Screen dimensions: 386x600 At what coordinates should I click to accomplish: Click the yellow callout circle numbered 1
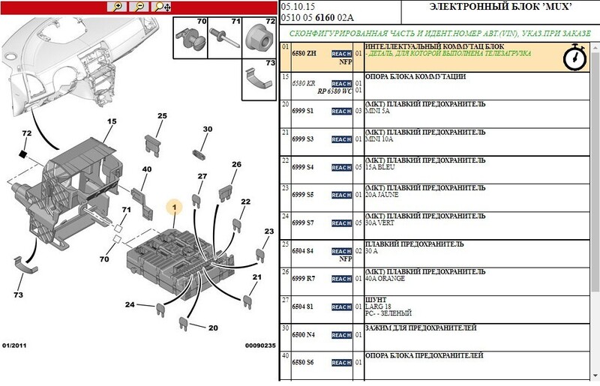[173, 206]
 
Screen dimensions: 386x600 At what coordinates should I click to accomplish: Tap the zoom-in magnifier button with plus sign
[117, 6]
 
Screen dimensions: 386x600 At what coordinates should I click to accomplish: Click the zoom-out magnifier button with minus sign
[139, 6]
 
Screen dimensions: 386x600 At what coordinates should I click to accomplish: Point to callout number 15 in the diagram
[112, 121]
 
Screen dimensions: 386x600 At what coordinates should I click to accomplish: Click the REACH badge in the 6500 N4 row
[341, 335]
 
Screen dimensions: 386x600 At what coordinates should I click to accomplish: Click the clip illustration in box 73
[258, 78]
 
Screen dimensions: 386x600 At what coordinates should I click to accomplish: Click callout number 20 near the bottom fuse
[213, 328]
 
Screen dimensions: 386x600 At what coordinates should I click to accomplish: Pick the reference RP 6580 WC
[335, 91]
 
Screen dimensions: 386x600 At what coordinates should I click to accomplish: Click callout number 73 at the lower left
[19, 295]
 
